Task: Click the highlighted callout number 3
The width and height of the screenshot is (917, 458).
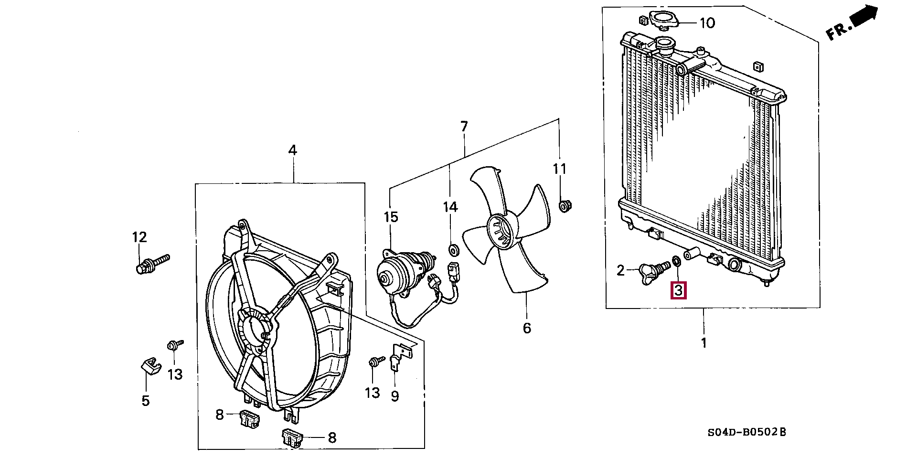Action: pyautogui.click(x=679, y=289)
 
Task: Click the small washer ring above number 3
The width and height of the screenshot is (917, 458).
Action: pyautogui.click(x=676, y=261)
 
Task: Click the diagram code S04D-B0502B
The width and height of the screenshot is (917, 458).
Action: pyautogui.click(x=746, y=433)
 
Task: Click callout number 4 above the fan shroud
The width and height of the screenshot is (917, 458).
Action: pyautogui.click(x=292, y=150)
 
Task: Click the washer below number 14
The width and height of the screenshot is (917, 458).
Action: pyautogui.click(x=452, y=249)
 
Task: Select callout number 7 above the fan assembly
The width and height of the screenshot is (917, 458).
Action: pyautogui.click(x=464, y=127)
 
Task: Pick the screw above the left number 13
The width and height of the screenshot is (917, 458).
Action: pyautogui.click(x=173, y=345)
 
